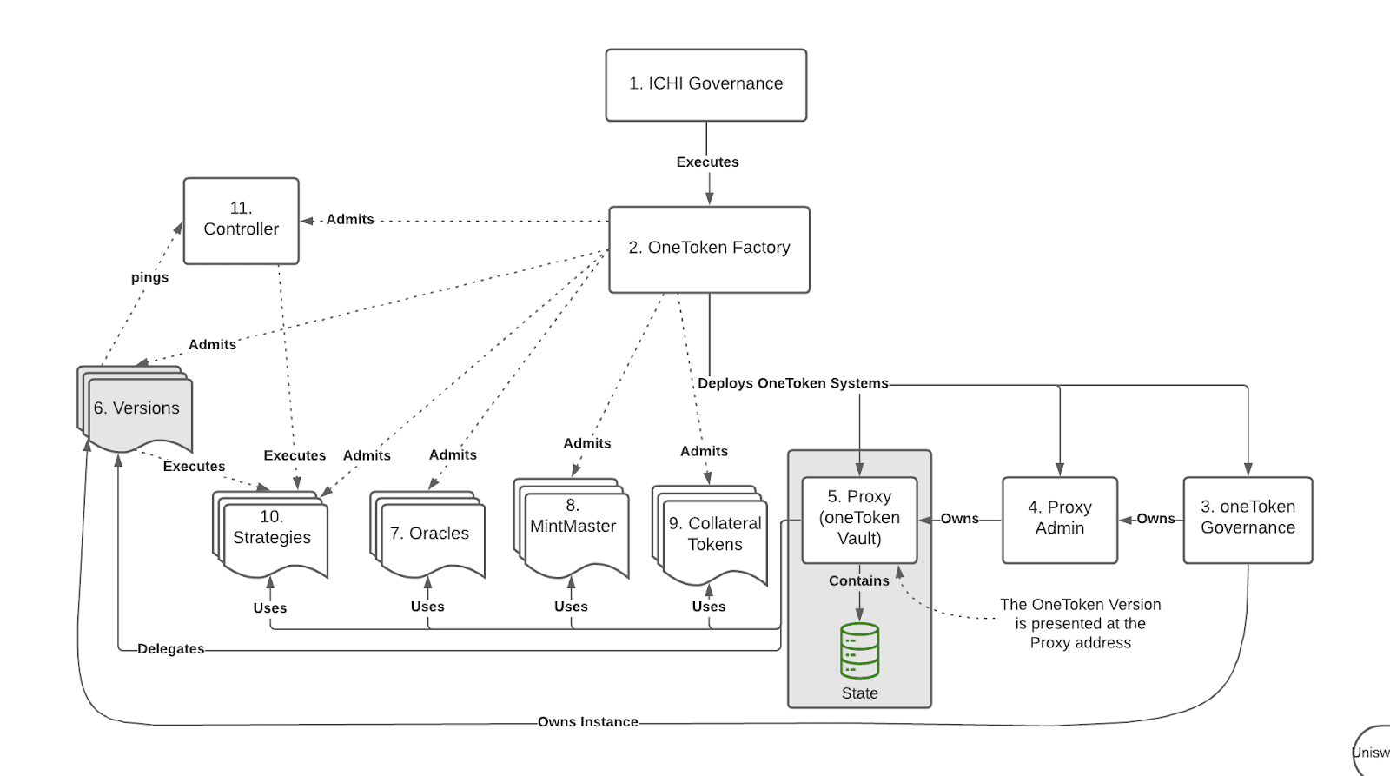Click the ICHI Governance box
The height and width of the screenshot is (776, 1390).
(705, 84)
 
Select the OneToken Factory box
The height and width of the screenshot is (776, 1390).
(709, 249)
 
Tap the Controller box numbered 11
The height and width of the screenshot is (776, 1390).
(241, 220)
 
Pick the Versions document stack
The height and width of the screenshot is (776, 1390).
(136, 408)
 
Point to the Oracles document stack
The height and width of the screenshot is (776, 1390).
(429, 534)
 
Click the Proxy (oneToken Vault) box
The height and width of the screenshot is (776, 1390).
(859, 519)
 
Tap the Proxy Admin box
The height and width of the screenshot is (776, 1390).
(1059, 519)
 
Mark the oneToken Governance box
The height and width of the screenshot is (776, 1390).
(1248, 519)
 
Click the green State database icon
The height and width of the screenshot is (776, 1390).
(859, 651)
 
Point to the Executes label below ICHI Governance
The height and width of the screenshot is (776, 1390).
(707, 162)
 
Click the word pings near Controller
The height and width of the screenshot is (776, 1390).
(149, 278)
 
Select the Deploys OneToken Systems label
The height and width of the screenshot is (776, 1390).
(792, 383)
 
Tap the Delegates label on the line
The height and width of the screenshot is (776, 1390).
(170, 649)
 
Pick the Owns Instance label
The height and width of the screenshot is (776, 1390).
(587, 722)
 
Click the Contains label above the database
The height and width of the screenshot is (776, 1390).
(858, 581)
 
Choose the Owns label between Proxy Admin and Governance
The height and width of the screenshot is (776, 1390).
(1155, 519)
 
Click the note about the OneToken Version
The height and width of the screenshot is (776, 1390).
(1080, 624)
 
